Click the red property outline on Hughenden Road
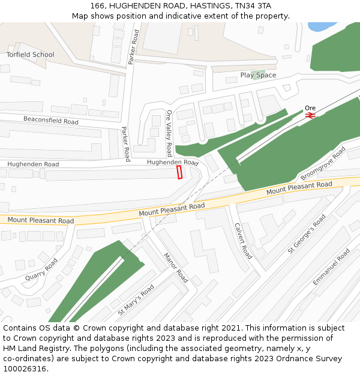179,173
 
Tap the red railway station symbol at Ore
310,115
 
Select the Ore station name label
310,108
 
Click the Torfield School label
31,55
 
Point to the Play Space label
258,75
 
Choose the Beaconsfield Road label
51,121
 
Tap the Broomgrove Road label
323,163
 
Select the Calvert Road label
243,241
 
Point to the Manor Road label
176,268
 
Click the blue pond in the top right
320,26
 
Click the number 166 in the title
98,5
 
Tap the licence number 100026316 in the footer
24,368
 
